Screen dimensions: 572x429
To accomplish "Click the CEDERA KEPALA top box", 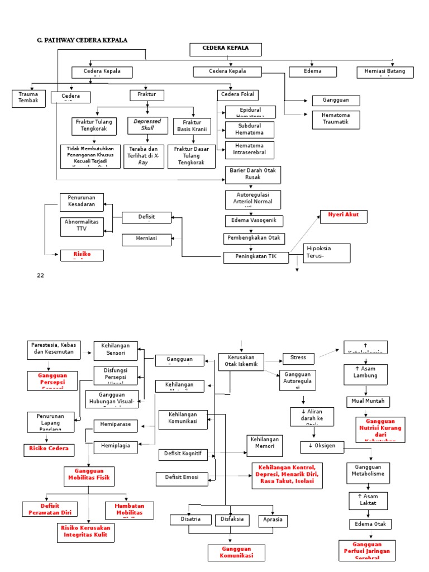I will pos(226,49).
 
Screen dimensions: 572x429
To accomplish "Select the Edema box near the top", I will pos(313,71).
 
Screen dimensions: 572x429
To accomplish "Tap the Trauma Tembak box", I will pos(28,98).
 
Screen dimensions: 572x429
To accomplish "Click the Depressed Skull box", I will pos(147,125).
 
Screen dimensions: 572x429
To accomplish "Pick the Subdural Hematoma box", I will pos(249,130).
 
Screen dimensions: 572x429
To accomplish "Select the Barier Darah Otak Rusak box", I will pos(253,174).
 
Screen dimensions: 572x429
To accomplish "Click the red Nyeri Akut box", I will pos(344,216).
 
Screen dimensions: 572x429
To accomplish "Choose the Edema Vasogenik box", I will pos(254,221).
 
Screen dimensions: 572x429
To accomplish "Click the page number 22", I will pos(40,275).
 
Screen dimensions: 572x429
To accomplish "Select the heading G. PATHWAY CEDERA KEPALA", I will pos(82,40).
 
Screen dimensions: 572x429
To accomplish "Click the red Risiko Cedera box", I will pos(49,448).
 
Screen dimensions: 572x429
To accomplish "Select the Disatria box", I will pos(188,519).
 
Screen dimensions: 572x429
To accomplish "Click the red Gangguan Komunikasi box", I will pos(236,552).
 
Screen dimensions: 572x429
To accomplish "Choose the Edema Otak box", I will pos(371,524).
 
